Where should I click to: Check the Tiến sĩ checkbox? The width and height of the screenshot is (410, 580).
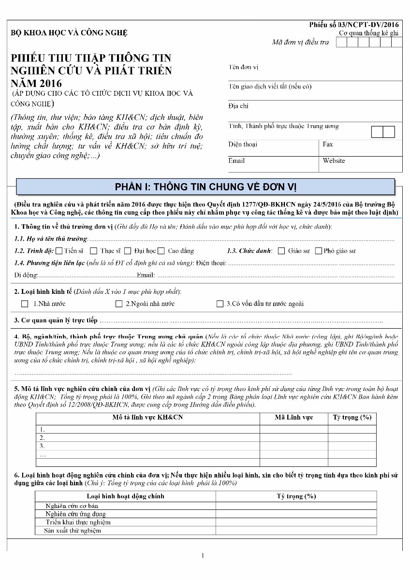[x=59, y=251]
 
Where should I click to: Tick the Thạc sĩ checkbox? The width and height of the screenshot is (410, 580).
[x=93, y=251]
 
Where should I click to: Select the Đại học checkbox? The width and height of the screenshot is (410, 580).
[x=128, y=251]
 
